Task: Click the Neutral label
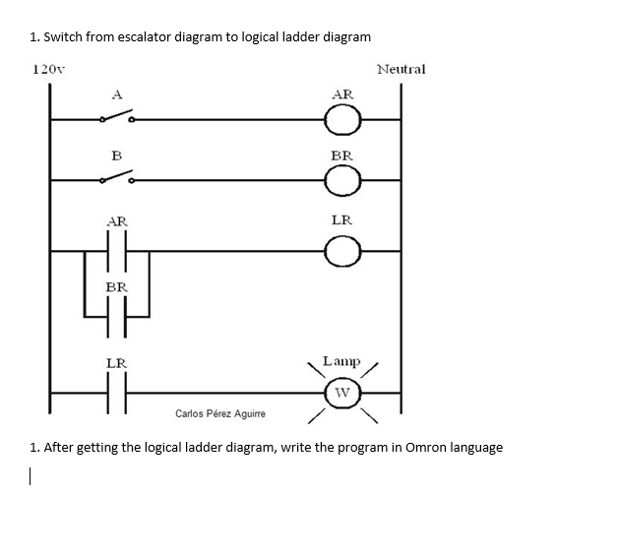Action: (401, 70)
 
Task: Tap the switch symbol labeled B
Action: (117, 179)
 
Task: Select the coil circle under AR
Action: (342, 121)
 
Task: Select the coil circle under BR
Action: (342, 181)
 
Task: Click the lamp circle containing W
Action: (342, 397)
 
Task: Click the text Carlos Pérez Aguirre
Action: (219, 413)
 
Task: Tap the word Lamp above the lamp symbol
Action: (341, 362)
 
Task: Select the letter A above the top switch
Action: (116, 94)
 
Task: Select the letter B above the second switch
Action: (116, 155)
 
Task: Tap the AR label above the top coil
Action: (342, 94)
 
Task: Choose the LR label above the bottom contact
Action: (116, 363)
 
